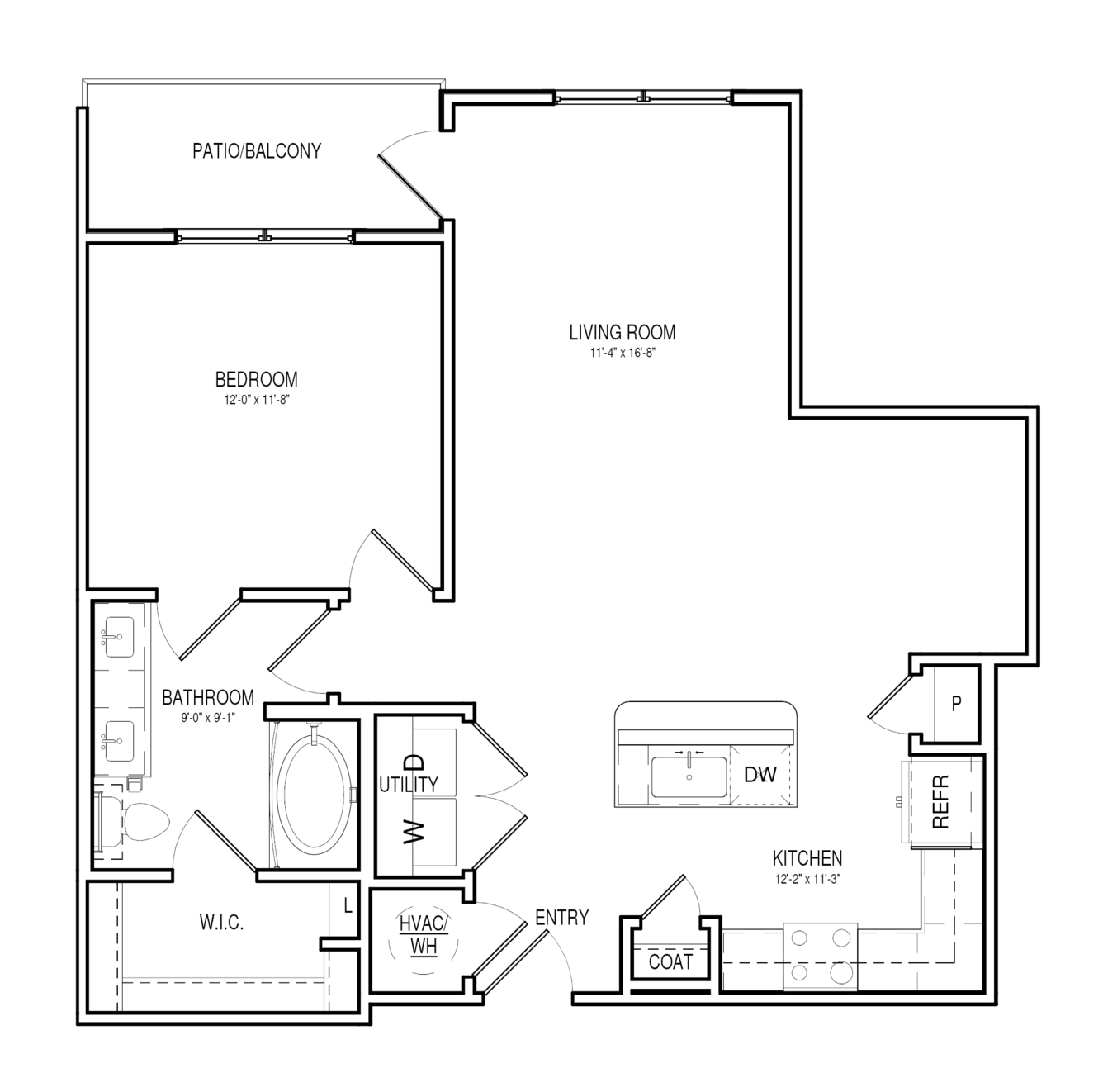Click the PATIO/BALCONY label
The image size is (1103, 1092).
pos(257,150)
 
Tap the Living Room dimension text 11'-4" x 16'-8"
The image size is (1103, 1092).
pos(623,353)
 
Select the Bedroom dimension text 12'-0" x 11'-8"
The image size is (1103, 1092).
pos(257,399)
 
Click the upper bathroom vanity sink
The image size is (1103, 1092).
pos(119,637)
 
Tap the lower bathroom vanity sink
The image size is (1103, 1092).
pos(119,742)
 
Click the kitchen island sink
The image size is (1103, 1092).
pos(689,776)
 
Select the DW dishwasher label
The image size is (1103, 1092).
pos(760,775)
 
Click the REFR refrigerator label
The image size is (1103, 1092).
pos(941,801)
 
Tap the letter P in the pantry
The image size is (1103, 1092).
pos(957,704)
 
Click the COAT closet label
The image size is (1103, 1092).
pos(670,962)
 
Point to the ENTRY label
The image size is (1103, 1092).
pos(561,918)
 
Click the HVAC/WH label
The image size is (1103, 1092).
pos(424,935)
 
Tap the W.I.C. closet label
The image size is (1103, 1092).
pos(221,923)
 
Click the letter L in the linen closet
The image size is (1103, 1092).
pos(348,905)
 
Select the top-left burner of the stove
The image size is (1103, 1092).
pos(799,938)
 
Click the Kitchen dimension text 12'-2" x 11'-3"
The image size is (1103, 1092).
pos(807,879)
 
